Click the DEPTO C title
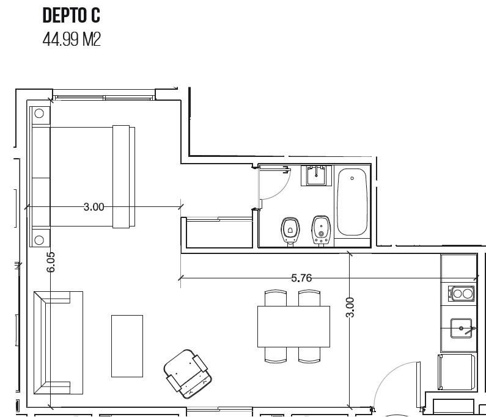pos(72,16)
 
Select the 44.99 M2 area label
pos(72,40)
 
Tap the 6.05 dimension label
pos(51,262)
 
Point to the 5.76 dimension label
pos(301,278)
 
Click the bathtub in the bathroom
pos(352,202)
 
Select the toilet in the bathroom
pos(290,231)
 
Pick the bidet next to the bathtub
pos(321,230)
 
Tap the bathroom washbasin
pos(316,175)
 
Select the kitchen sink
pos(461,328)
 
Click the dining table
pos(293,327)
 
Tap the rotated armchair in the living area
pos(188,374)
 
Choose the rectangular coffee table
pos(127,346)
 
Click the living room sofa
pos(58,343)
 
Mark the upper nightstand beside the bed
pos(40,115)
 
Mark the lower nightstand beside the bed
pos(40,238)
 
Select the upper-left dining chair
pos(276,298)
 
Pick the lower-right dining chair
pos(309,355)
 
